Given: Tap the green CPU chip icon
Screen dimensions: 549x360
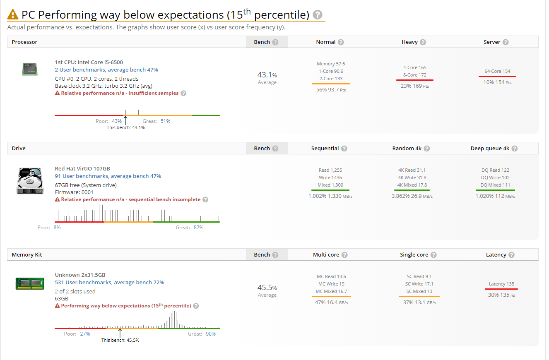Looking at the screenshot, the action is (x=30, y=69).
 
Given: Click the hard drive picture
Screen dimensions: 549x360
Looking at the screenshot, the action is (x=30, y=181).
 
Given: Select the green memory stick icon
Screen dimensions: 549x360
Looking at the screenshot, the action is (x=30, y=283).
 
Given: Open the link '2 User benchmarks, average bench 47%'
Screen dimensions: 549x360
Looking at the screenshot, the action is (x=106, y=70).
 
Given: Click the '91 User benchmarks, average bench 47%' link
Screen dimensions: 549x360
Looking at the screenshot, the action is (x=108, y=176).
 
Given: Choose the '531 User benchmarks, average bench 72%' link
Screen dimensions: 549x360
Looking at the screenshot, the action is (x=109, y=282).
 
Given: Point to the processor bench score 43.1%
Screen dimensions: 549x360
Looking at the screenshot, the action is (x=267, y=75).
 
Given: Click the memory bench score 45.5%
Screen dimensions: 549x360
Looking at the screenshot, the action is (x=267, y=287).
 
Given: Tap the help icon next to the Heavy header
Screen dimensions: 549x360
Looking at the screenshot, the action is (x=423, y=42).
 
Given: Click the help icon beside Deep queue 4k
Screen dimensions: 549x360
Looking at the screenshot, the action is (x=515, y=149).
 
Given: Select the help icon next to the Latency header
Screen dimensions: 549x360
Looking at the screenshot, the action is (x=511, y=255).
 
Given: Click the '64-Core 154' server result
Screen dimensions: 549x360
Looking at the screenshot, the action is (x=497, y=71).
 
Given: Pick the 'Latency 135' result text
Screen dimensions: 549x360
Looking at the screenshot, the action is (x=501, y=284).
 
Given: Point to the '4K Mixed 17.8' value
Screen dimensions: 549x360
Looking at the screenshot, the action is (x=412, y=185).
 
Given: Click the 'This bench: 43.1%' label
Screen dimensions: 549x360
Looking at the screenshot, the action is (x=126, y=127).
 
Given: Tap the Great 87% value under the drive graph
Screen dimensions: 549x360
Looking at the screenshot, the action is (x=198, y=228).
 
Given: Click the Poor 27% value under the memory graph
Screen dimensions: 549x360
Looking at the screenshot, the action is (x=85, y=334).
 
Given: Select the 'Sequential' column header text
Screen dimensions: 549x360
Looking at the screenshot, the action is (x=325, y=149).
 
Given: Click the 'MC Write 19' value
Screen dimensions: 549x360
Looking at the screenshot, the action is (x=331, y=284).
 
